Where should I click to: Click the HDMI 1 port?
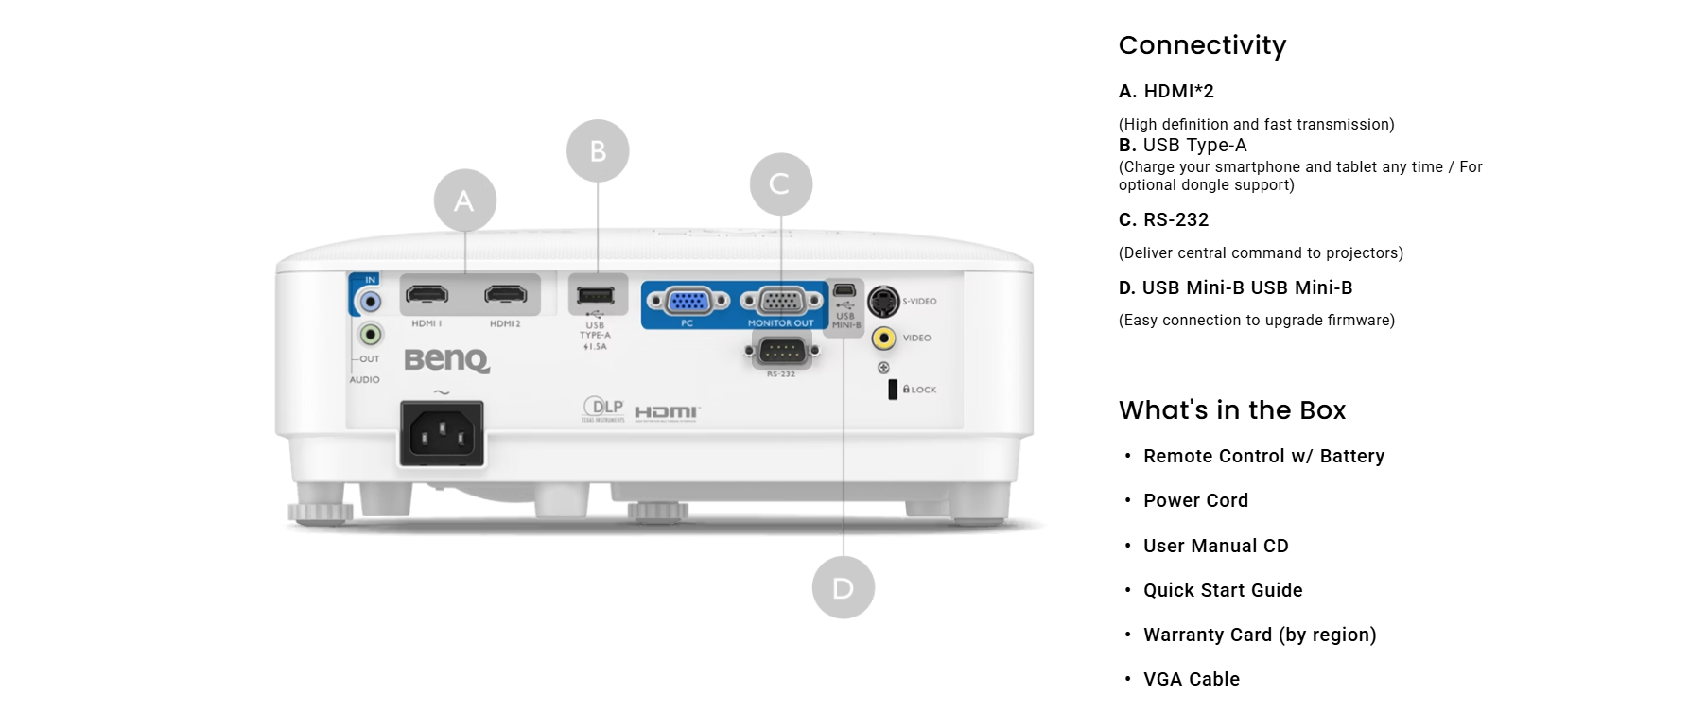point(427,295)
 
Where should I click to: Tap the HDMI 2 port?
point(506,295)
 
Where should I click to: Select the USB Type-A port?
point(595,294)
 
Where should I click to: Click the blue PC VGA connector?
point(688,302)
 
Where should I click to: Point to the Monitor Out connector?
point(780,302)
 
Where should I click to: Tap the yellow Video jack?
point(883,338)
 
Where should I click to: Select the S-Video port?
point(883,302)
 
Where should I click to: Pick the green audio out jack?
point(371,334)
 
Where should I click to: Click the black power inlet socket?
point(442,434)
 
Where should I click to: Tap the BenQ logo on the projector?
point(446,360)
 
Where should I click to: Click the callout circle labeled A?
point(464,200)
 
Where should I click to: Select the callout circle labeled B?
point(598,151)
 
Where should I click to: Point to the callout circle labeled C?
point(780,183)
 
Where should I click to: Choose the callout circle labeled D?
point(843,588)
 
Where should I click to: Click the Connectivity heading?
point(1202,45)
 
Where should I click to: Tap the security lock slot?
point(892,390)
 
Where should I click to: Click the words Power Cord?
point(1195,500)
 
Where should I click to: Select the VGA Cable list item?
point(1191,679)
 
